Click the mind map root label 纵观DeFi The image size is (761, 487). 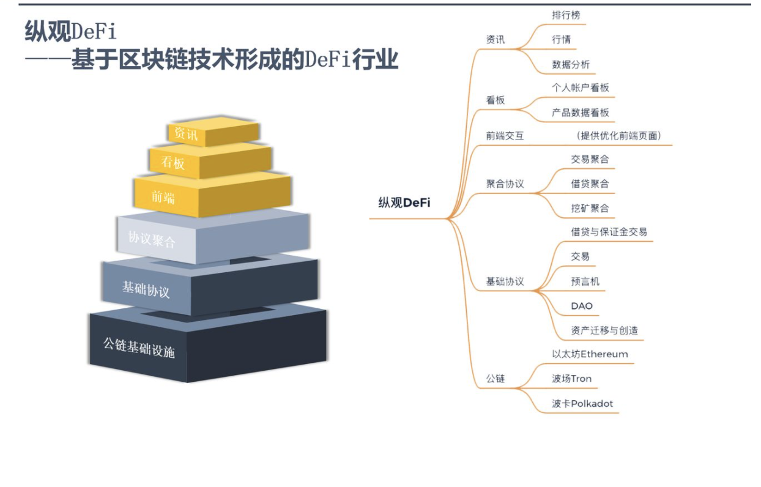404,203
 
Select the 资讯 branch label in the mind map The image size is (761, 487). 496,40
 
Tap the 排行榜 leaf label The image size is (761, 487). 566,15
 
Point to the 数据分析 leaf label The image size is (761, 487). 571,64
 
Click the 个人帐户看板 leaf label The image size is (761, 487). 581,87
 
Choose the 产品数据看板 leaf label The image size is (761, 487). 581,113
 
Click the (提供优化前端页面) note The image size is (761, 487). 618,136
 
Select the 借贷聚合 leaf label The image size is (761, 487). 590,184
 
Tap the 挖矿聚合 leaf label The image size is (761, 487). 590,208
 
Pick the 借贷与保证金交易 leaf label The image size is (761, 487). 609,232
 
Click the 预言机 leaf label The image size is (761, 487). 585,281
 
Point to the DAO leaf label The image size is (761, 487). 582,306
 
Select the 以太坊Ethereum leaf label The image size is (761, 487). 590,354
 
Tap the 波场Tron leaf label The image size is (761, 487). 571,379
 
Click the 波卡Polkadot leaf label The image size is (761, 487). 582,404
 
